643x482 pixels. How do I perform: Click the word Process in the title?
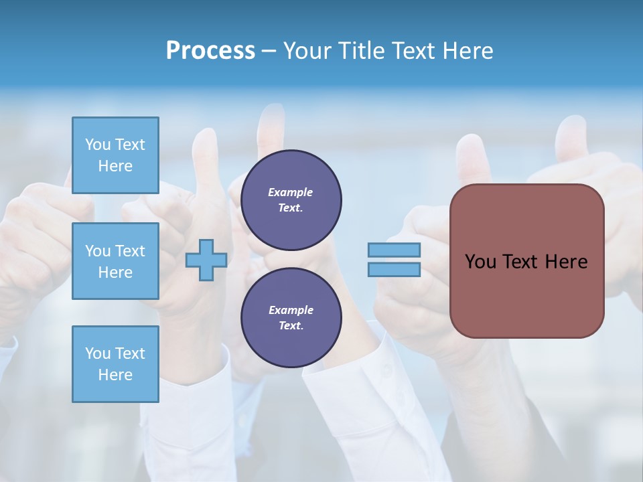pos(210,51)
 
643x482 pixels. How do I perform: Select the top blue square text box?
pos(115,155)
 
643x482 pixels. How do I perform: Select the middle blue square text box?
pos(115,261)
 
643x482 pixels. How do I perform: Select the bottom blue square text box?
pos(115,364)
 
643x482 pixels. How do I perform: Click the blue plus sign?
pos(206,260)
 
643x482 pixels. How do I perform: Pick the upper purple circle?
pos(291,200)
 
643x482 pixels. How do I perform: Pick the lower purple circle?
pos(291,318)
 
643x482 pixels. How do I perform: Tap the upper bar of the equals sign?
pos(394,250)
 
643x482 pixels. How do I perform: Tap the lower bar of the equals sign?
pos(394,270)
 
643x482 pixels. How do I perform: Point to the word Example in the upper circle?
pos(291,192)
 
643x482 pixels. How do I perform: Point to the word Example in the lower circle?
pos(291,310)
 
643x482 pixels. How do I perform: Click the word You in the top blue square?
pos(97,145)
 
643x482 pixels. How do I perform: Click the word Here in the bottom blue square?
pos(115,375)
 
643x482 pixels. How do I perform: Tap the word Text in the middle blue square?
pos(129,251)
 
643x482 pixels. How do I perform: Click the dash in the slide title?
pos(269,51)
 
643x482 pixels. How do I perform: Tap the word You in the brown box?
pos(480,262)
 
